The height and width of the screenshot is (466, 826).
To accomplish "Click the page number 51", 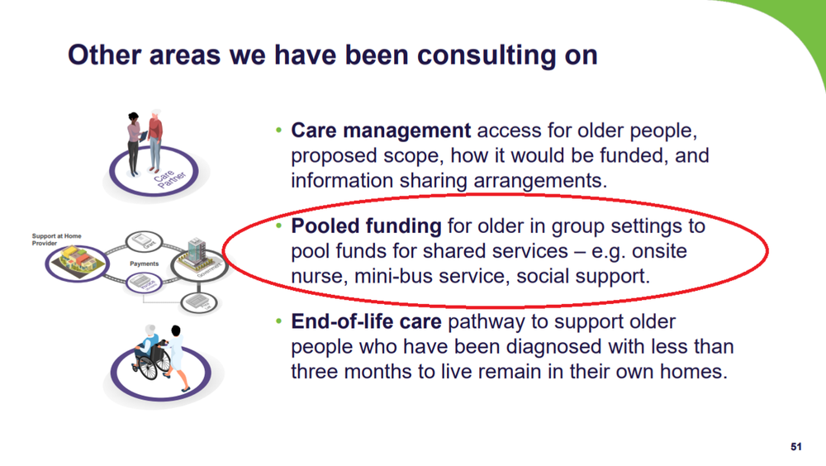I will (796, 447).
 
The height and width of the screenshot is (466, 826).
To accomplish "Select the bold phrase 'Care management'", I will (381, 131).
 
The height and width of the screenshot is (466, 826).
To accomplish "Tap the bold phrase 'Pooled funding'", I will (366, 226).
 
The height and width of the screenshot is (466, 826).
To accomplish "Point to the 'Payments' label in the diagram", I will (144, 264).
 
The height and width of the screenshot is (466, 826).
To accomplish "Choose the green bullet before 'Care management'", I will (279, 131).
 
